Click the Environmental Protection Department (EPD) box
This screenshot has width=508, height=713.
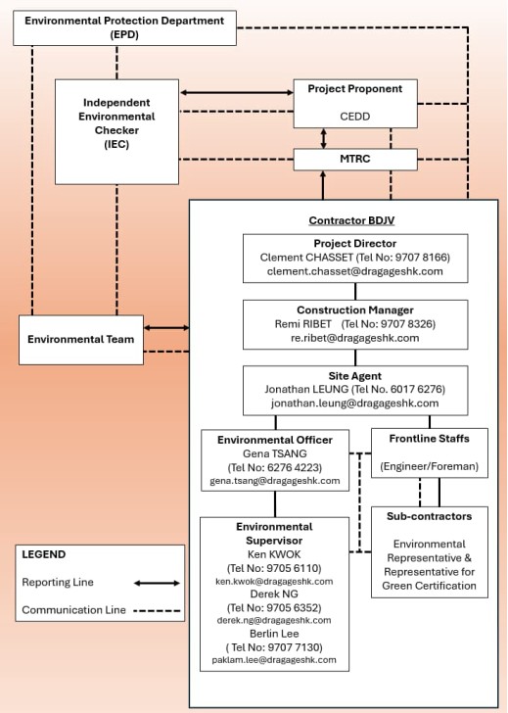[x=124, y=26]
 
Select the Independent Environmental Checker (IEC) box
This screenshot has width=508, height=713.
[x=116, y=123]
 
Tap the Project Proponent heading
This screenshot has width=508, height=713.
[x=354, y=88]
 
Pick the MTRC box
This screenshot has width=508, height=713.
[x=354, y=159]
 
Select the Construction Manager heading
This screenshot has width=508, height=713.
[x=355, y=309]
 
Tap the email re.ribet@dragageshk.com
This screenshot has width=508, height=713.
[x=355, y=337]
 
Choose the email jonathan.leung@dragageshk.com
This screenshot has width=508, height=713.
[x=355, y=403]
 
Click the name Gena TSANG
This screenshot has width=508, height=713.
[x=275, y=452]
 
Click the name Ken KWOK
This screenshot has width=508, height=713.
[x=274, y=553]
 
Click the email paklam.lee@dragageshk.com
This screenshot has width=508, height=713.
[x=274, y=661]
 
